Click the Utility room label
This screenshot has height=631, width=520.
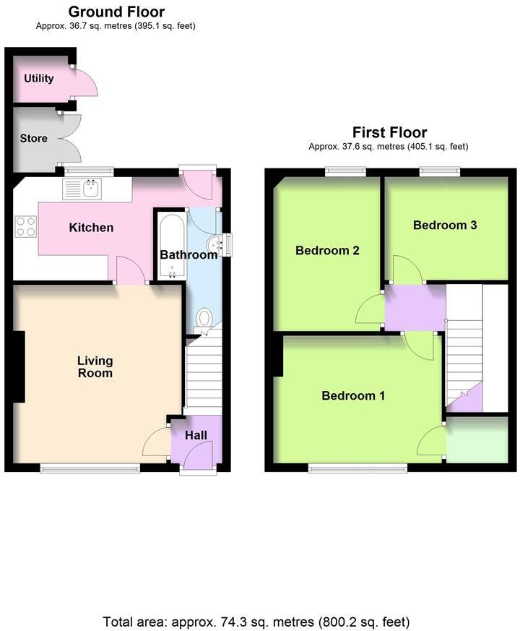click(x=39, y=78)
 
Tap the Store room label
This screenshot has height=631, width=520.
click(x=34, y=138)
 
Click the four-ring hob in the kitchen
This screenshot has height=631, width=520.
click(x=26, y=227)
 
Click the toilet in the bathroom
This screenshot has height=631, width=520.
click(x=204, y=318)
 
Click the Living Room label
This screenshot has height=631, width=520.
click(x=95, y=366)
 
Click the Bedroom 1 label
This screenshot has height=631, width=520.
click(x=352, y=395)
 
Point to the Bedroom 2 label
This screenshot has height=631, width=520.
click(x=327, y=251)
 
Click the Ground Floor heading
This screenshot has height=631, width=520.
click(x=116, y=12)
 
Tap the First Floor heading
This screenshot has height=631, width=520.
click(x=389, y=132)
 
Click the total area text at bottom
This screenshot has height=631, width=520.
click(x=256, y=622)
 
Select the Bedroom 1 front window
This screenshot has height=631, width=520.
click(x=357, y=468)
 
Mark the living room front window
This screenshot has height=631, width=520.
click(x=90, y=468)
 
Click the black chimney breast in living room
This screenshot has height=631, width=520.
click(x=19, y=366)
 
